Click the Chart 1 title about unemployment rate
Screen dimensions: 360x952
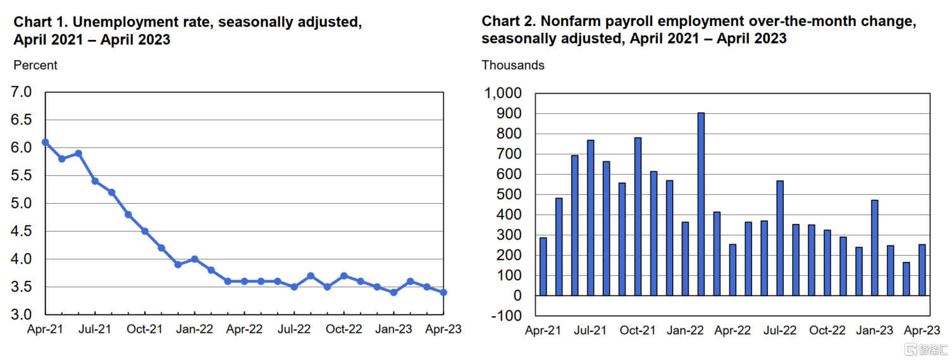(x=187, y=30)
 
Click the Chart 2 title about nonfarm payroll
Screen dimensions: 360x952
(x=699, y=30)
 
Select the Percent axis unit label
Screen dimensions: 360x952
(x=35, y=65)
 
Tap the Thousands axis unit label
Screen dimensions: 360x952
(x=513, y=65)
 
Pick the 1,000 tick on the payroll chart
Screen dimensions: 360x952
(x=504, y=94)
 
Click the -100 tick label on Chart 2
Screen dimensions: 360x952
(x=507, y=316)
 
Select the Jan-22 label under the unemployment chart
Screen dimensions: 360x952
(x=195, y=329)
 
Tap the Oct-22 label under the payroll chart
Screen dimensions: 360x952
(x=827, y=330)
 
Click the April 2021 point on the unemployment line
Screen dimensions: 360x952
(x=46, y=142)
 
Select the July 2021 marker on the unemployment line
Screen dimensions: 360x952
(x=95, y=181)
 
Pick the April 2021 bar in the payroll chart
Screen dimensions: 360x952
(x=543, y=266)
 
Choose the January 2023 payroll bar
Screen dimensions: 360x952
(x=875, y=247)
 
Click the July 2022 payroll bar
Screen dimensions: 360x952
(x=780, y=238)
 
